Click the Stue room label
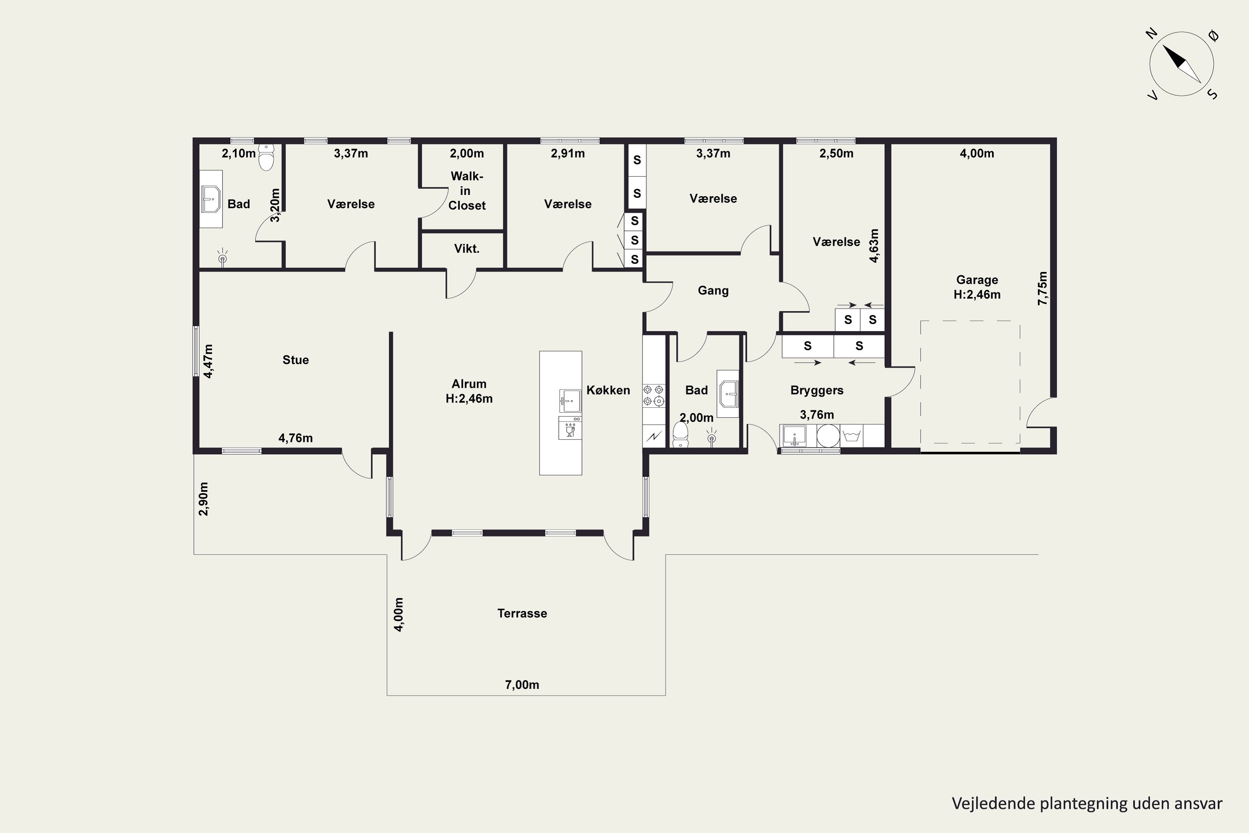(x=295, y=360)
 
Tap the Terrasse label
(x=522, y=613)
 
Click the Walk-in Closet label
(x=467, y=191)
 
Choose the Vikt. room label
(x=467, y=249)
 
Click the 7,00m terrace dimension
(x=522, y=685)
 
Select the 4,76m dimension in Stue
(x=295, y=438)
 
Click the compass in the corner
(x=1182, y=64)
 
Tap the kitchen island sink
(x=570, y=401)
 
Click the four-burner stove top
(x=654, y=396)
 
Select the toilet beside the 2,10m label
(x=266, y=157)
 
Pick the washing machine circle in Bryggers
(x=828, y=436)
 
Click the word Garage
(x=977, y=280)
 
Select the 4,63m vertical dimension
(x=873, y=245)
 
